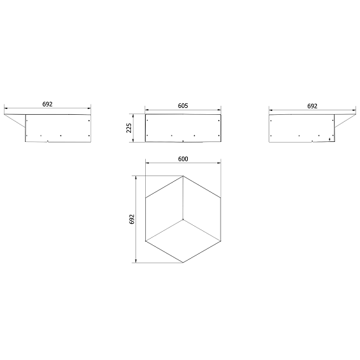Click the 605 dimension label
(x=183, y=106)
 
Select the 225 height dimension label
(x=129, y=128)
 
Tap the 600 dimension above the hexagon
(x=183, y=159)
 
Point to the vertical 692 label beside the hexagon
(x=132, y=219)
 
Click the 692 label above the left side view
(x=47, y=105)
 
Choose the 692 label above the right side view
(x=312, y=106)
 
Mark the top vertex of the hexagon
(x=183, y=176)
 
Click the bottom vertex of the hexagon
(x=183, y=263)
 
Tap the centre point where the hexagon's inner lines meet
(x=183, y=219)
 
